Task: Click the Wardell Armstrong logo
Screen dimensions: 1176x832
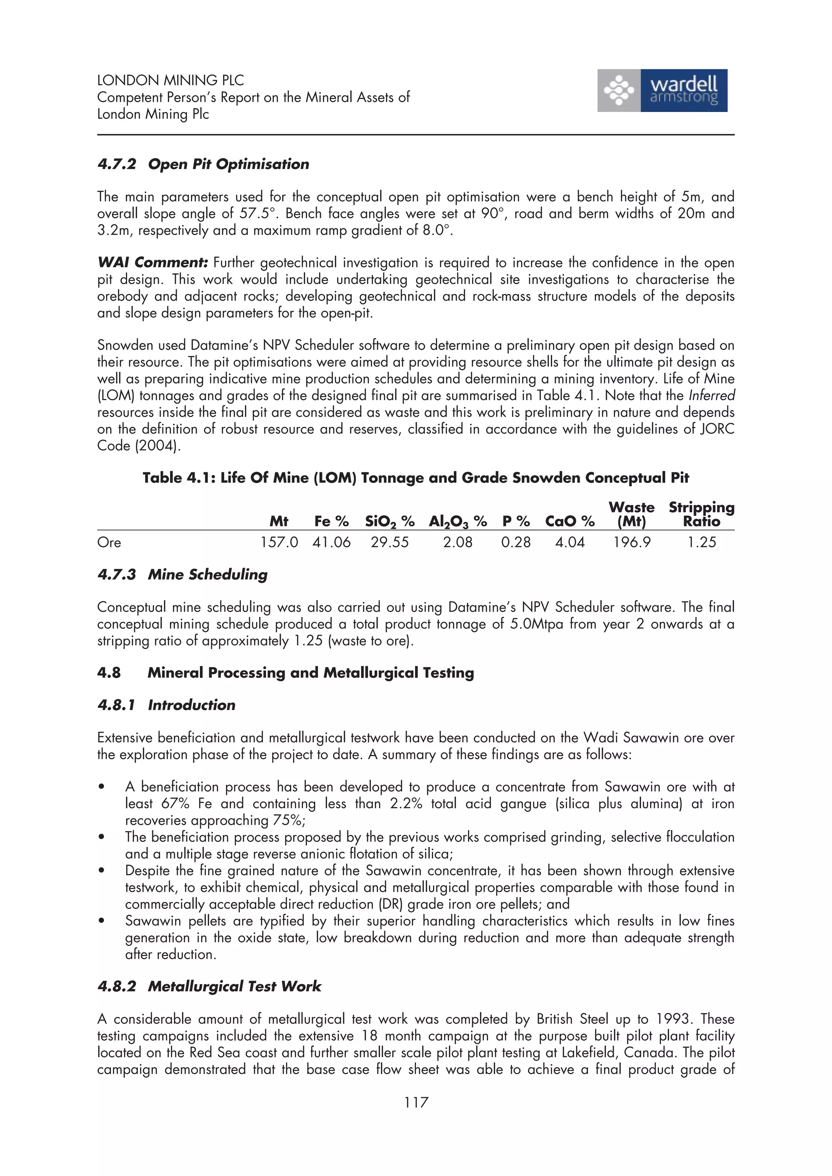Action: (662, 90)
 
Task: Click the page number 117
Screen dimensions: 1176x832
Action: (416, 1102)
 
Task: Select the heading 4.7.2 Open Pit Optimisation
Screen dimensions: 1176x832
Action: (203, 164)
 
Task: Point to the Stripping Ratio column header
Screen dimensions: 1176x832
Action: (701, 514)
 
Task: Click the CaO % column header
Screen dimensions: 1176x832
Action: (570, 521)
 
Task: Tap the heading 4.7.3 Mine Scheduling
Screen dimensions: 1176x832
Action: (182, 575)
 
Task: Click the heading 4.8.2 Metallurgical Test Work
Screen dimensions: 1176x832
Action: (209, 986)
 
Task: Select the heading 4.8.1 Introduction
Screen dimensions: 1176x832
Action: (166, 705)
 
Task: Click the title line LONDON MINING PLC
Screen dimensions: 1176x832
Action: (170, 80)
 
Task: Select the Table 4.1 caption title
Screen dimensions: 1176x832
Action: (416, 478)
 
